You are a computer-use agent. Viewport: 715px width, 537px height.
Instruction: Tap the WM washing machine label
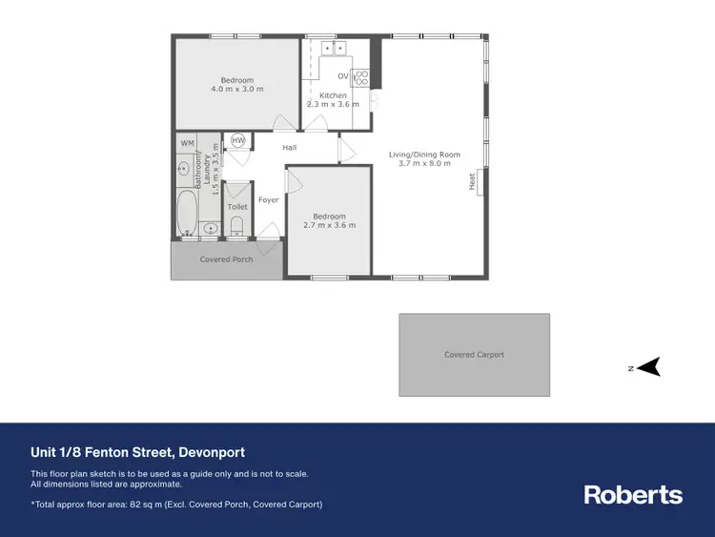click(x=187, y=143)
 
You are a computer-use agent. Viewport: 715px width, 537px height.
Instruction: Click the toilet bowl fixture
click(x=237, y=226)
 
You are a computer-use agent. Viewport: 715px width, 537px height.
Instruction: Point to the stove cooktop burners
click(x=360, y=78)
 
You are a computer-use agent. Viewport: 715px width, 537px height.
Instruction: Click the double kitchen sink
click(x=334, y=48)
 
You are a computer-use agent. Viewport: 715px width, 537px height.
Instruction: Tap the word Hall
click(x=290, y=147)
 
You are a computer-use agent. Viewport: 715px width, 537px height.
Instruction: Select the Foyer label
click(x=269, y=200)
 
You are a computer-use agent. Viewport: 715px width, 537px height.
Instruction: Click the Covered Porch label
click(x=226, y=259)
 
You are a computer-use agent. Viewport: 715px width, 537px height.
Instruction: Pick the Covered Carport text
click(x=474, y=355)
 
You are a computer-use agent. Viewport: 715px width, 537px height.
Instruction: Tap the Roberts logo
click(x=633, y=494)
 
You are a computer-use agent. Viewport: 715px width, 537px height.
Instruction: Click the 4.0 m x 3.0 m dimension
click(x=237, y=90)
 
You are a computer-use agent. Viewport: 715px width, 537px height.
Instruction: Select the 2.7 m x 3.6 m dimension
click(x=329, y=226)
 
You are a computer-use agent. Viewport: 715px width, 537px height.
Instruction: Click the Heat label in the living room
click(x=472, y=180)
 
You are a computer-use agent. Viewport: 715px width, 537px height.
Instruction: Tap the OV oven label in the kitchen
click(x=343, y=75)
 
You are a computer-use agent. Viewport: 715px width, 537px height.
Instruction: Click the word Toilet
click(x=237, y=207)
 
